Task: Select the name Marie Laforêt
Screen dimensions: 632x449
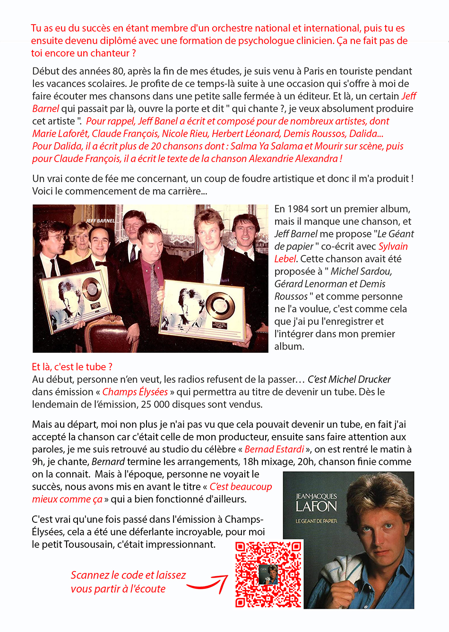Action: tap(60, 134)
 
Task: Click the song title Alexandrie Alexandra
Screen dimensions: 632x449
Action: tap(293, 159)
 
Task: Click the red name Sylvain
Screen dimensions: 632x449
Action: tap(393, 246)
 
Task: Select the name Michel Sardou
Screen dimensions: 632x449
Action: tap(361, 271)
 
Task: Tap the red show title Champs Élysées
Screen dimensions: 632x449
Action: tap(135, 392)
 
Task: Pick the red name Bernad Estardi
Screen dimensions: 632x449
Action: tap(275, 449)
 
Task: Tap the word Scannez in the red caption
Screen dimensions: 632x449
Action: tap(90, 575)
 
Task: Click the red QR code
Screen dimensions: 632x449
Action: tap(268, 574)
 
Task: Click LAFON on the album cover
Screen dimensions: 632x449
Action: tap(316, 507)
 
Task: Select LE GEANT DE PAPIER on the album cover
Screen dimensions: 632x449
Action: tap(316, 521)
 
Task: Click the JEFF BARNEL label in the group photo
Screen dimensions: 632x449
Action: tap(100, 221)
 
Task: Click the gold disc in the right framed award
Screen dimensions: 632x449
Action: tap(220, 304)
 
